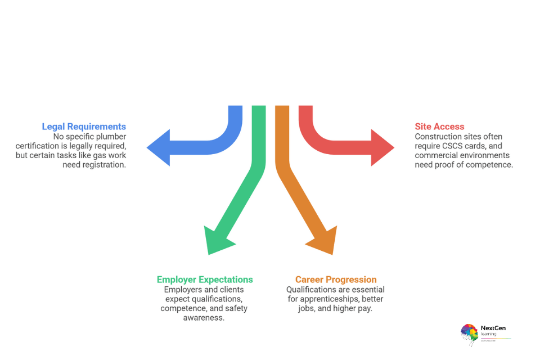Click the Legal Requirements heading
click(x=84, y=127)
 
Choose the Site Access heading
click(x=440, y=127)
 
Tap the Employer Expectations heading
click(x=205, y=280)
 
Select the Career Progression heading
click(x=336, y=280)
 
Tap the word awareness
click(x=204, y=318)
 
